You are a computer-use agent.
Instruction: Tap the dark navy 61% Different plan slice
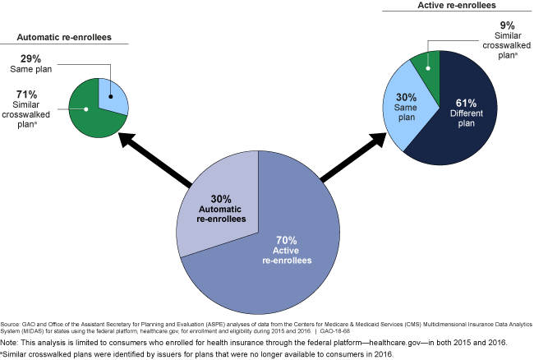[468, 123]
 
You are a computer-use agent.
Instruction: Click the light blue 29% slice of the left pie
[113, 95]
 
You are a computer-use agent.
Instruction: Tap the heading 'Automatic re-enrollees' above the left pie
[64, 37]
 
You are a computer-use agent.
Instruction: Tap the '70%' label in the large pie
[287, 239]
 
